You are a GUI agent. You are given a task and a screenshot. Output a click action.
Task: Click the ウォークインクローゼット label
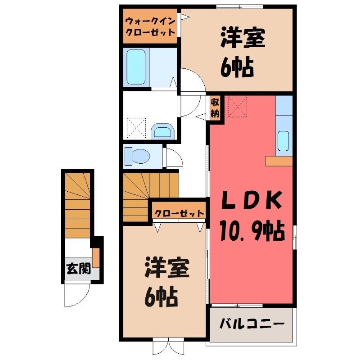click(x=150, y=27)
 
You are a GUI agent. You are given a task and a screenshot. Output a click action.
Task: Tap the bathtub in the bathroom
click(x=136, y=67)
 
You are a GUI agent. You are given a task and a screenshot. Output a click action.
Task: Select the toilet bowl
click(x=137, y=156)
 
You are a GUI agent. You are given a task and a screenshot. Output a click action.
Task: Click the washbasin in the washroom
click(x=162, y=131)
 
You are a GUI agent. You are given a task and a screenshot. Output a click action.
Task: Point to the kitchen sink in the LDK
click(x=283, y=141)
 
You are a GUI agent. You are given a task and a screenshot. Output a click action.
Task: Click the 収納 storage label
click(x=215, y=108)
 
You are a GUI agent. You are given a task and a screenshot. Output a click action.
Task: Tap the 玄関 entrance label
click(x=78, y=268)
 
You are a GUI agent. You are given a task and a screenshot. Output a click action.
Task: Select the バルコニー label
click(x=252, y=324)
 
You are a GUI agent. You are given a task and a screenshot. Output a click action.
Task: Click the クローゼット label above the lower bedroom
click(x=179, y=213)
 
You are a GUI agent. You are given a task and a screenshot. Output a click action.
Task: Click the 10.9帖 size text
click(x=252, y=231)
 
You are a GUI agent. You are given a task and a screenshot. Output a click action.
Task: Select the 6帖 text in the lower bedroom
click(x=161, y=297)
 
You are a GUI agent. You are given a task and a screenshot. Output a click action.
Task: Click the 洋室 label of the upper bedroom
click(x=243, y=38)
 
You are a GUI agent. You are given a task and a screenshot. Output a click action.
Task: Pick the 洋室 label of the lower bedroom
click(x=167, y=268)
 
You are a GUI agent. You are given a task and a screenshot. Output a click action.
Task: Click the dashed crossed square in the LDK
click(x=238, y=107)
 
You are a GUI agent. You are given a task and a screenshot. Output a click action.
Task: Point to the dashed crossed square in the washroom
click(x=136, y=128)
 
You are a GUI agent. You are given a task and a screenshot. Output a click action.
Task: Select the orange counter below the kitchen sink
click(x=279, y=161)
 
